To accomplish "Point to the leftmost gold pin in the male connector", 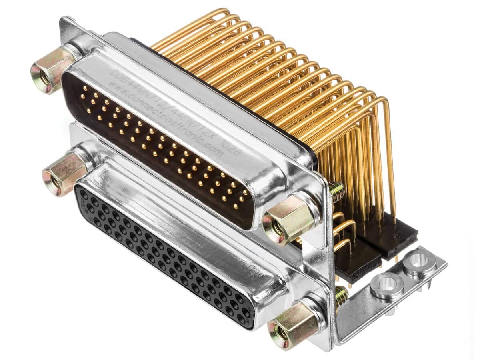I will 83,96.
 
